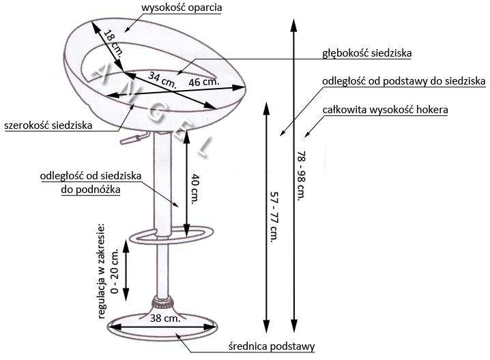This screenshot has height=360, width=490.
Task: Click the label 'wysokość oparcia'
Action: (x=182, y=7)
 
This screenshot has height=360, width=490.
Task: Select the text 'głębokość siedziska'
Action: (x=367, y=53)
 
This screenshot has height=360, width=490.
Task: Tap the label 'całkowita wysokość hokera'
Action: (x=386, y=110)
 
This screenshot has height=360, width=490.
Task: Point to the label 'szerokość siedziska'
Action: (x=48, y=125)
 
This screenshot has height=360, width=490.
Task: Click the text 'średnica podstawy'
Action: (x=272, y=346)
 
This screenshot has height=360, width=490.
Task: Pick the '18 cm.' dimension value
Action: (x=113, y=43)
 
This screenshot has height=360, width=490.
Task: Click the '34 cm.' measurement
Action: (x=162, y=80)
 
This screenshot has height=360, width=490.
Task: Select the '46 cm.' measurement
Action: (x=204, y=82)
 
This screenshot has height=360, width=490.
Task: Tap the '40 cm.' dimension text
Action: (x=194, y=189)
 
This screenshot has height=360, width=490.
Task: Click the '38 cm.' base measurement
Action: (x=165, y=318)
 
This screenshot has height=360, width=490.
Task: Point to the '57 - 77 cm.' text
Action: (x=274, y=217)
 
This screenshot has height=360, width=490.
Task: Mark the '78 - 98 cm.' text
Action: (x=301, y=176)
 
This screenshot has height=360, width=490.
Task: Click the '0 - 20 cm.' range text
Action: (x=115, y=271)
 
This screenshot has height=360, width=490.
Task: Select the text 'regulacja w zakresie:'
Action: (x=102, y=271)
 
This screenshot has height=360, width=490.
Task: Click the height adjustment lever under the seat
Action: (x=134, y=138)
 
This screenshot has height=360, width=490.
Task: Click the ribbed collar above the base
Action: (x=162, y=301)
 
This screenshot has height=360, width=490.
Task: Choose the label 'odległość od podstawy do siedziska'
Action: (x=404, y=82)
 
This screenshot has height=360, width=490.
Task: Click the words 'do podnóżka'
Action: (x=91, y=190)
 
